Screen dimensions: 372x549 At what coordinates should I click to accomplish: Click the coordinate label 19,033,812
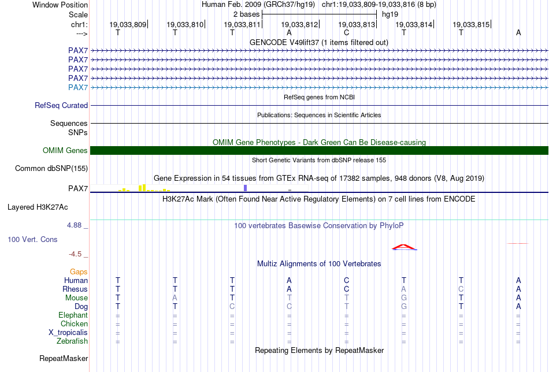click(x=299, y=24)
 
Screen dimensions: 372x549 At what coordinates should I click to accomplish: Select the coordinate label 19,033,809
click(x=128, y=24)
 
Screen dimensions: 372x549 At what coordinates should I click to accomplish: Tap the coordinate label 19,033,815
click(x=471, y=24)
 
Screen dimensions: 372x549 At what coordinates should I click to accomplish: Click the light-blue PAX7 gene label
click(x=78, y=87)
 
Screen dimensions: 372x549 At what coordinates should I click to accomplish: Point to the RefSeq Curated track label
click(x=61, y=106)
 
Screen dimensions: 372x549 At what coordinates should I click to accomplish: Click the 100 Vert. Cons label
click(x=32, y=239)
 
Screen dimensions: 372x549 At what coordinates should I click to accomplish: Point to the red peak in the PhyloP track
click(x=404, y=247)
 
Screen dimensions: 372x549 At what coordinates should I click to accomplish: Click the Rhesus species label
click(x=75, y=289)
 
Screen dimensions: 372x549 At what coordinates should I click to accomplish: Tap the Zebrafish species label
click(x=72, y=341)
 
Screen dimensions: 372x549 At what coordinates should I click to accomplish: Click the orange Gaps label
click(x=79, y=271)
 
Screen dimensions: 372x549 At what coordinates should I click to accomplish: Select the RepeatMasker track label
click(x=64, y=359)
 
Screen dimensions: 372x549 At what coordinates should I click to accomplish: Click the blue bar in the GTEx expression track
click(x=245, y=188)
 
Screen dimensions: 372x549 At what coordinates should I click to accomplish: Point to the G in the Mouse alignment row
click(x=404, y=297)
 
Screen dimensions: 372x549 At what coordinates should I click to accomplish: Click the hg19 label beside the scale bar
click(x=390, y=13)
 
